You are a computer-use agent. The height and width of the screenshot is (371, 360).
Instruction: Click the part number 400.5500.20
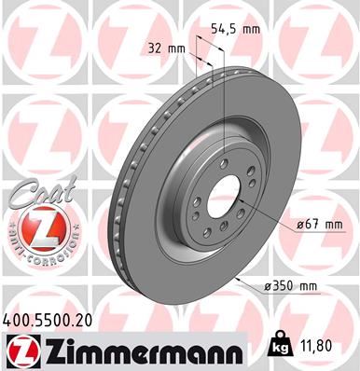coord(50,319)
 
